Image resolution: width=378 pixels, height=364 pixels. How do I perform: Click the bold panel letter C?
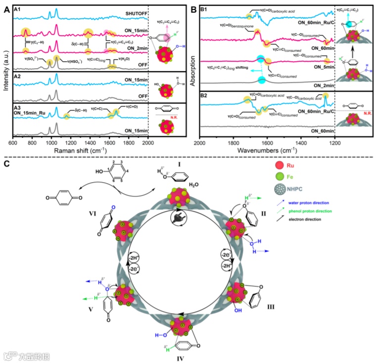coord(6,162)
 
